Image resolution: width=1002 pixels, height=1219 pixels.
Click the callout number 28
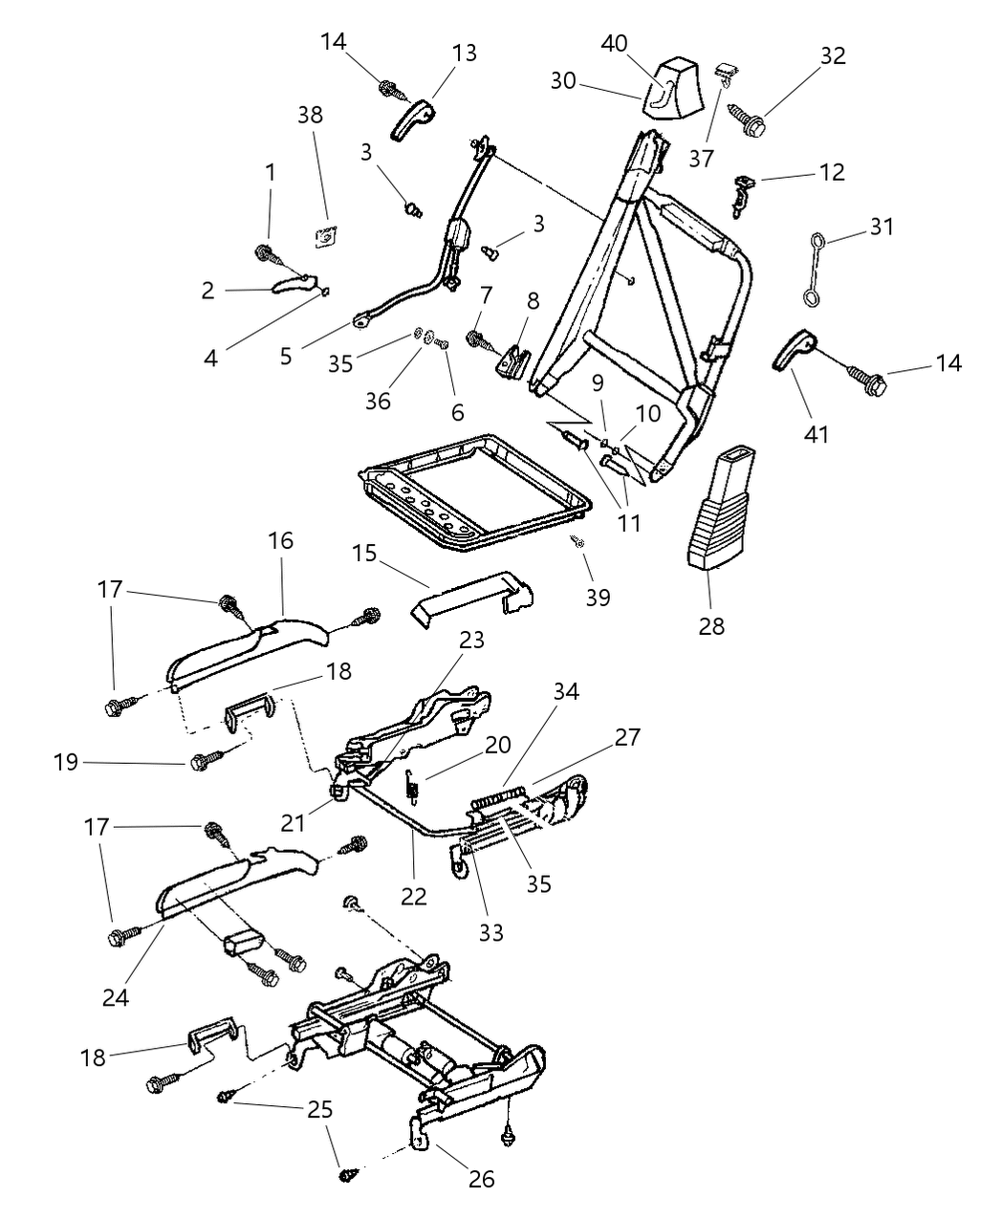point(711,626)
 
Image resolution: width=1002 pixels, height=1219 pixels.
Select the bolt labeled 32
point(751,122)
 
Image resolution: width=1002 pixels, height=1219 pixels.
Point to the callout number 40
point(615,43)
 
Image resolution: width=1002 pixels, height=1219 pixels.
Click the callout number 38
point(311,115)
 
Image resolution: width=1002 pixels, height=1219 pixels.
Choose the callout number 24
point(116,997)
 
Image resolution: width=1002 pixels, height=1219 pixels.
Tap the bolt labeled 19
point(204,762)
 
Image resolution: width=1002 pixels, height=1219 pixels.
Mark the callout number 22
point(414,896)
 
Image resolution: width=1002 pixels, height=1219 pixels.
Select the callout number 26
point(482,1179)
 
